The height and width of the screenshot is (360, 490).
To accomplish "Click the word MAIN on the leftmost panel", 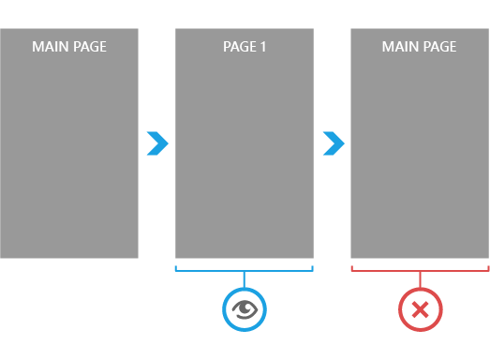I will point(51,46).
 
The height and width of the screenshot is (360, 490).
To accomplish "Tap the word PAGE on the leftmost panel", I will point(89,46).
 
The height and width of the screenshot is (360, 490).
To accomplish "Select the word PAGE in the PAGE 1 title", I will point(238,46).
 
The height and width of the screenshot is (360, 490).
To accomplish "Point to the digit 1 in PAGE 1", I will point(263,46).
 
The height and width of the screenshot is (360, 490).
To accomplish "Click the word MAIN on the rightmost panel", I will point(400,46).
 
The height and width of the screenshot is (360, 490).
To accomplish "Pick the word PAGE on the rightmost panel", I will point(438,46).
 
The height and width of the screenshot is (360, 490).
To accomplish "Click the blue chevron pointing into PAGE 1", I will point(157,143).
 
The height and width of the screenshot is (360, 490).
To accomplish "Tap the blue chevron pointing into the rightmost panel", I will point(334,143).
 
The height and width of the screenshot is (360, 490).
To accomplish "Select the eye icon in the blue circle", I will point(245,309).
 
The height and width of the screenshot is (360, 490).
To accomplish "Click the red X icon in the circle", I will point(420,309).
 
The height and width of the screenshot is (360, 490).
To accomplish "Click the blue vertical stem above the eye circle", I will point(245,278).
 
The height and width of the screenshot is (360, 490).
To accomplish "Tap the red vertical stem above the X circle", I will point(420,278).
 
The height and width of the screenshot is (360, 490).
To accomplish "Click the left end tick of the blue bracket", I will point(176,268).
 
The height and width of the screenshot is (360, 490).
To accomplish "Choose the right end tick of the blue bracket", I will point(313,268).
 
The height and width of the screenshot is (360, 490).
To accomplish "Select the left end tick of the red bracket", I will point(351,268).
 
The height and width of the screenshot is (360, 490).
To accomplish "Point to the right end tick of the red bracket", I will point(488,268).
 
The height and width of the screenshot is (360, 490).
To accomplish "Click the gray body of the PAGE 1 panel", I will point(245,159).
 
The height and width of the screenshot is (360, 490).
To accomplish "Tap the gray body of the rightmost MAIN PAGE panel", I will point(420,159).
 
